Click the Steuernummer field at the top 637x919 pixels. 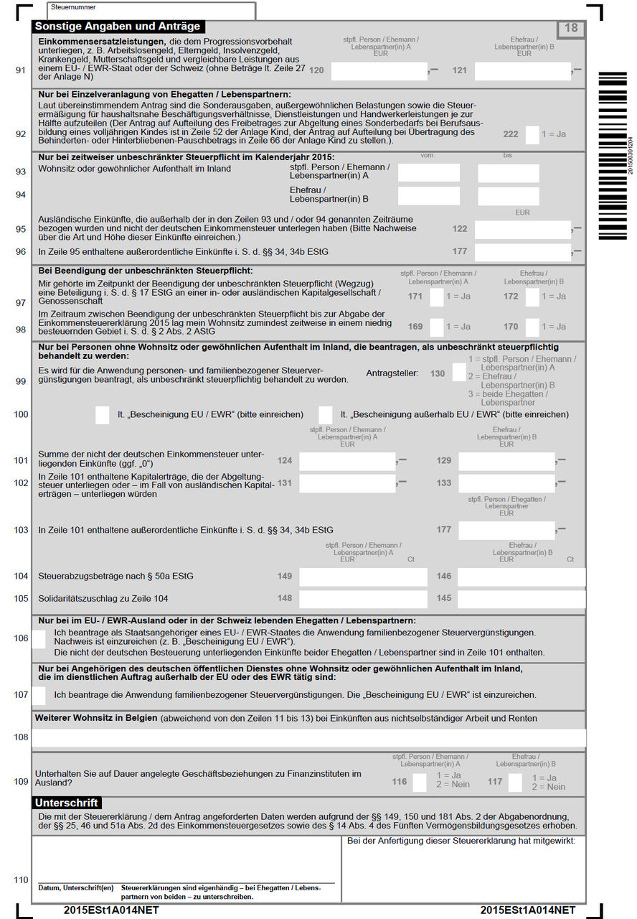click(151, 11)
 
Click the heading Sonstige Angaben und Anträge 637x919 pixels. click(118, 27)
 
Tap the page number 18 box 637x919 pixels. click(571, 29)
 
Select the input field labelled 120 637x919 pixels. click(379, 70)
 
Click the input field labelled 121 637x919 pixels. click(522, 70)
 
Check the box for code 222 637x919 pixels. click(532, 134)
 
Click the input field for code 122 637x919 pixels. click(522, 229)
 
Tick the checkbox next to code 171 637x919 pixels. click(436, 297)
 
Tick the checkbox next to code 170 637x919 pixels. click(532, 327)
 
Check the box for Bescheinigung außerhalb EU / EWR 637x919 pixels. click(326, 414)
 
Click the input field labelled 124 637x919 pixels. click(346, 461)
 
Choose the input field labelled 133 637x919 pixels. click(506, 483)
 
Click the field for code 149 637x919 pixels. click(363, 577)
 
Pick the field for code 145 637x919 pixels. click(522, 598)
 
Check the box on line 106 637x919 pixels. click(39, 638)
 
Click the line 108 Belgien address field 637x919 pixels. click(308, 737)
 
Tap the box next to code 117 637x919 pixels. click(515, 782)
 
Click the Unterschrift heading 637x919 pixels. click(67, 803)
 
